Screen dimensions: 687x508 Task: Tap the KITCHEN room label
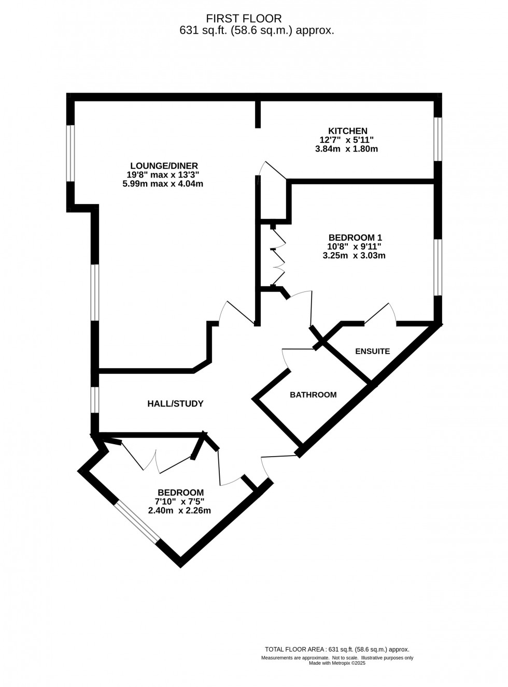[x=347, y=131]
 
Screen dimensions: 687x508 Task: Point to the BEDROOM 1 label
[x=355, y=238]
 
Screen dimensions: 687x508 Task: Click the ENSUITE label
[x=372, y=352]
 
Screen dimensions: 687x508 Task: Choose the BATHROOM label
[x=313, y=394]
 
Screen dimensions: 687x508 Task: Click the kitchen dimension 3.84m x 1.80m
[x=346, y=149]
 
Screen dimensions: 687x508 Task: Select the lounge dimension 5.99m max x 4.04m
[x=163, y=184]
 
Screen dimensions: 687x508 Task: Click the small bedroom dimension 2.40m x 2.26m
[x=180, y=510]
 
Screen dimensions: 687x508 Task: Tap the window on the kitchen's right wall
[x=438, y=139]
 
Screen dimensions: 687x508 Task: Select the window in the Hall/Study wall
[x=94, y=400]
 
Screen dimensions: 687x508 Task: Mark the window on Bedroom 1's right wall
[x=438, y=267]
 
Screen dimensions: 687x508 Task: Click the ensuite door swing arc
[x=381, y=314]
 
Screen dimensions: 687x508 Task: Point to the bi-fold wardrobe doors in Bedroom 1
[x=278, y=256]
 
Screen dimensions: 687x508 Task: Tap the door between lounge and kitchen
[x=273, y=169]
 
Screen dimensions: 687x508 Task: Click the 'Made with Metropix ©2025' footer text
[x=337, y=663]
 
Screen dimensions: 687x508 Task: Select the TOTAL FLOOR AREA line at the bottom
[x=337, y=649]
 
